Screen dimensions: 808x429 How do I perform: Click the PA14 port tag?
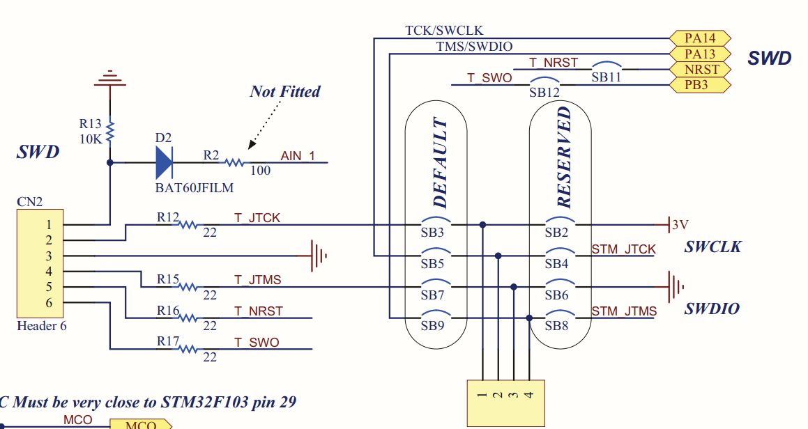point(700,38)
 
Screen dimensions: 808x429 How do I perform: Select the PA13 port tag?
point(700,54)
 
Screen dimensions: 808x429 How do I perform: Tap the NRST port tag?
point(700,69)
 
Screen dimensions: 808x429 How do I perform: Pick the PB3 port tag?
point(700,84)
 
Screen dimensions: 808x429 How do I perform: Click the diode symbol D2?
point(165,163)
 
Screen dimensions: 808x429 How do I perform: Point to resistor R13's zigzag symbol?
point(109,131)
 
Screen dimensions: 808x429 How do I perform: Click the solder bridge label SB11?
point(606,77)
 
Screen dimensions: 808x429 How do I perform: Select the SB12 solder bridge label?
point(544,93)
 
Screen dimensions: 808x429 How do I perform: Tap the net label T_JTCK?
point(257,218)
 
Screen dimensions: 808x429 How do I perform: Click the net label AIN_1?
point(297,155)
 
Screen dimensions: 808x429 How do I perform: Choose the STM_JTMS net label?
point(624,311)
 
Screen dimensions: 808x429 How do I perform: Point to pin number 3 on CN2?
point(49,256)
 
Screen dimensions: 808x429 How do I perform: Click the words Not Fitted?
point(285,92)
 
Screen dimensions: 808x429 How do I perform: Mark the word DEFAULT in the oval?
point(440,163)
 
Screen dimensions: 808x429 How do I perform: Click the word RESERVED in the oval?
point(564,157)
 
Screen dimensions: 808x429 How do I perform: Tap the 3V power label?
point(680,224)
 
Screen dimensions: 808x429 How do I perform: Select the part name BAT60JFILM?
point(195,188)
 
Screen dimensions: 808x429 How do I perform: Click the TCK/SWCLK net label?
point(444,31)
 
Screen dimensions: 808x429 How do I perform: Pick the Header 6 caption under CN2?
point(42,326)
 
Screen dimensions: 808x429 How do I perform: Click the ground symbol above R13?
point(109,78)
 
